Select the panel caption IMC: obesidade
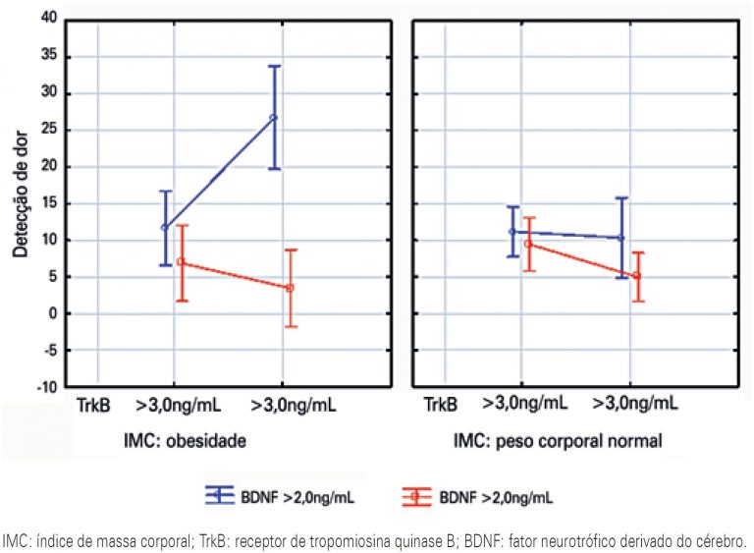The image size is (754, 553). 185,442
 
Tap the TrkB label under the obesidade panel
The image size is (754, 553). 96,404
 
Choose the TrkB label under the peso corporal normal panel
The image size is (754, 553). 441,404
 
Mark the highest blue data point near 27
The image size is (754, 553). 274,117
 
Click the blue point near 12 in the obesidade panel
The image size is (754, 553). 165,227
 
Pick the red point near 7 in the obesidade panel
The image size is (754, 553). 181,262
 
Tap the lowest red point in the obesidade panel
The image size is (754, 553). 290,288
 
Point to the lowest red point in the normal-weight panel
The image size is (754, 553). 637,275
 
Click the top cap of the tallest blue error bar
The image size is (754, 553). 275,66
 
